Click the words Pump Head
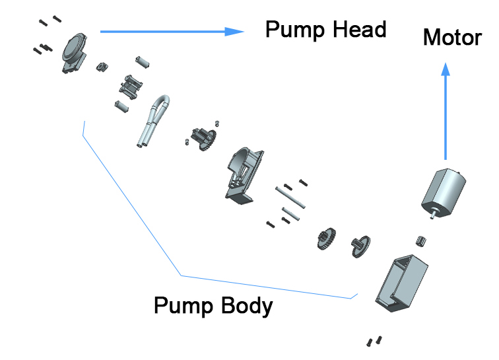pos(325,30)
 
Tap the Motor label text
pos(451,37)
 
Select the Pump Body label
pos(213,306)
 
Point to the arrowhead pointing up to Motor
pos(447,69)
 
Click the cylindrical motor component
pos(444,192)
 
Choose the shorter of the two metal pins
pos(292,213)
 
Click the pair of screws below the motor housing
pos(374,342)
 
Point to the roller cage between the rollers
pos(131,87)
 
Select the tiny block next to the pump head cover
pos(102,65)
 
